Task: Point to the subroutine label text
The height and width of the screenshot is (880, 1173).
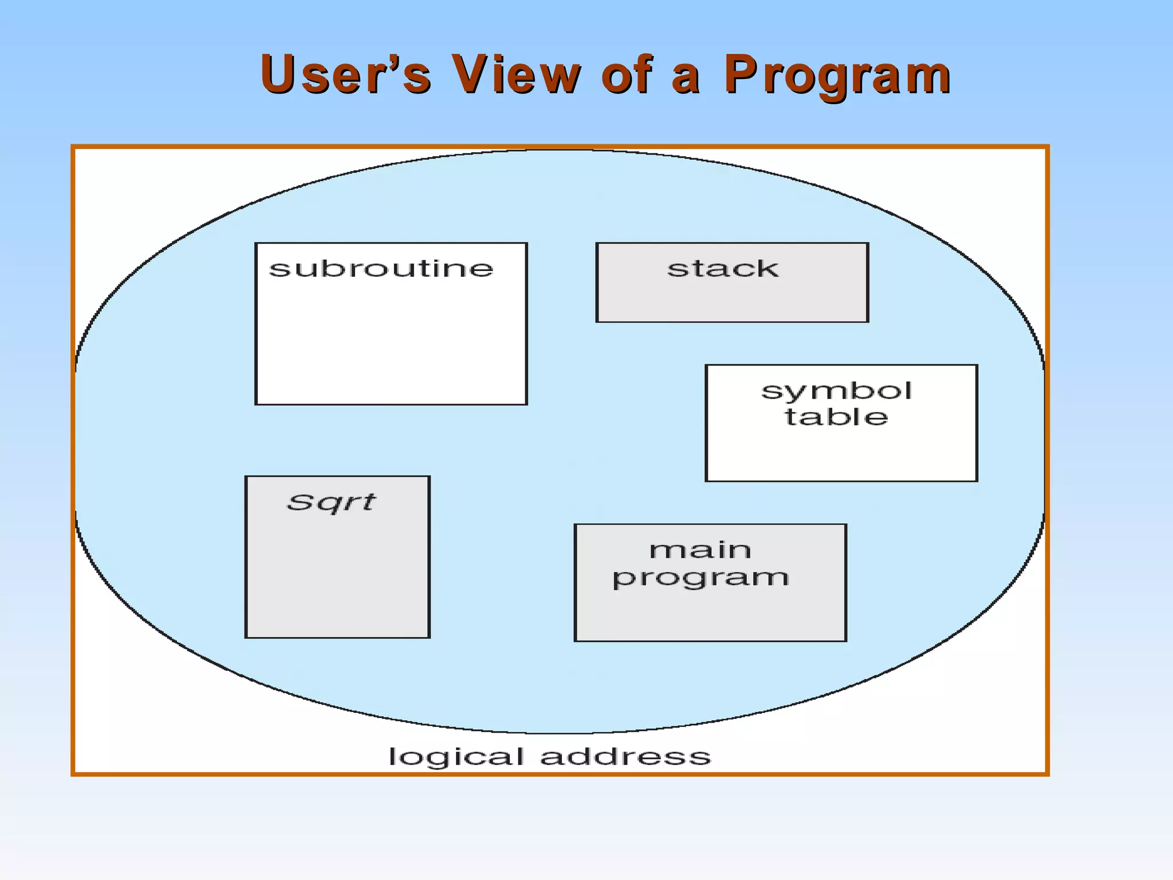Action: point(381,268)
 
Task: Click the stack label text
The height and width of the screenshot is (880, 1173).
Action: point(723,268)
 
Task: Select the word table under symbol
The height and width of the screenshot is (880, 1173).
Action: point(836,417)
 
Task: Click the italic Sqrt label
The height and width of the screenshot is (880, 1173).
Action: point(331,502)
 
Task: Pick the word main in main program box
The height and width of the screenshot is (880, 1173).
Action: point(700,550)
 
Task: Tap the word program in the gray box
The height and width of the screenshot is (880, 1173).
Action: point(700,577)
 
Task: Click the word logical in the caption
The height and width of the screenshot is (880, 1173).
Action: point(456,757)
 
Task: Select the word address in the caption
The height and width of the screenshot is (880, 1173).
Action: point(625,756)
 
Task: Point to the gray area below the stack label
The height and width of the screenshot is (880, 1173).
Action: point(732,301)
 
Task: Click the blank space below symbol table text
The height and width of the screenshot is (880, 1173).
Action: point(841,455)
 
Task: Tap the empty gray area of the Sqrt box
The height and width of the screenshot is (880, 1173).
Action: point(337,579)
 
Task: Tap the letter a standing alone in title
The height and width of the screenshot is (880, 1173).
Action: point(685,78)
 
